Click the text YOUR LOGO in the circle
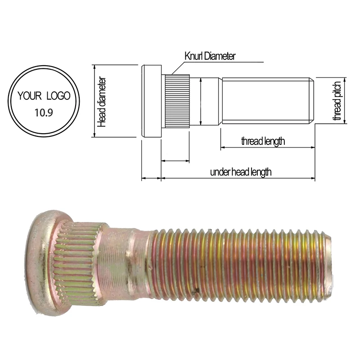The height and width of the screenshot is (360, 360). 44,95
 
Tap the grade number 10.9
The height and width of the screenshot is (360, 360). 44,112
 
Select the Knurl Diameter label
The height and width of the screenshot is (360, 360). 210,56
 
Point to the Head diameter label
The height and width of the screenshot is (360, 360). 103,101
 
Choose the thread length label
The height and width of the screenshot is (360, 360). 263,141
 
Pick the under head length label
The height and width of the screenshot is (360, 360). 241,172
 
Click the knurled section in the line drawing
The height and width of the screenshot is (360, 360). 175,101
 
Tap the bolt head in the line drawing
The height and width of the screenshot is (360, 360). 151,101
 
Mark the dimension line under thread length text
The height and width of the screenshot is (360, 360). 268,148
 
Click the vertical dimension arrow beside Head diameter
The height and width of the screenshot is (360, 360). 94,101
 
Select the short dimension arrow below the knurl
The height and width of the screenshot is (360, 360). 175,161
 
